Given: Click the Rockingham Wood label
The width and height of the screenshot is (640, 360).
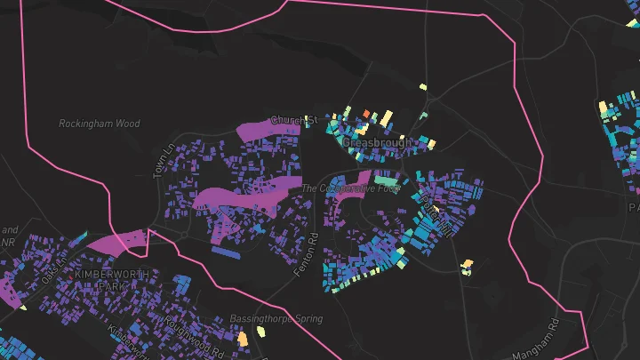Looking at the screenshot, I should pyautogui.click(x=100, y=124).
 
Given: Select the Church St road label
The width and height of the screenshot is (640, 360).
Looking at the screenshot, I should pyautogui.click(x=294, y=120).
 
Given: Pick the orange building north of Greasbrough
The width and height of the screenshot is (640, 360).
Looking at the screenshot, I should pyautogui.click(x=364, y=113).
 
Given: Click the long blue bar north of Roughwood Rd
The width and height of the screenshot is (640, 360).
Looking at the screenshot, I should pyautogui.click(x=227, y=252).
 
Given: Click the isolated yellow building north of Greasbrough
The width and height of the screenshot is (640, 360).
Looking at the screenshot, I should pyautogui.click(x=423, y=87).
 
